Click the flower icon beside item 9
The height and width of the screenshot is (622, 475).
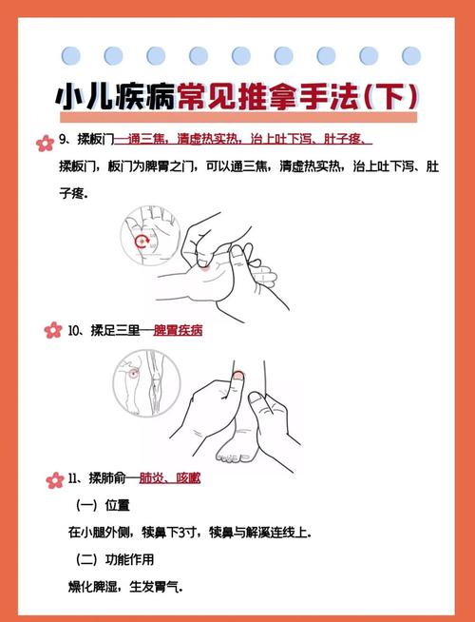[43, 143]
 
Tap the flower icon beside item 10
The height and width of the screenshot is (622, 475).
[51, 330]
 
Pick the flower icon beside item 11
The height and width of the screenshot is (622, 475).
[55, 478]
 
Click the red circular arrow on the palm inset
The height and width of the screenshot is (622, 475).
[143, 242]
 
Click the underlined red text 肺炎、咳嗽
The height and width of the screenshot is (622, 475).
[175, 479]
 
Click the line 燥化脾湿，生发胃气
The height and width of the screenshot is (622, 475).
[124, 587]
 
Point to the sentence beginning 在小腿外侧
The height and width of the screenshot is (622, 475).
[189, 532]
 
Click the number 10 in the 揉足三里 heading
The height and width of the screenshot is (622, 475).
[75, 331]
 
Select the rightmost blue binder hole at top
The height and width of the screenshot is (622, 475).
[411, 55]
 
